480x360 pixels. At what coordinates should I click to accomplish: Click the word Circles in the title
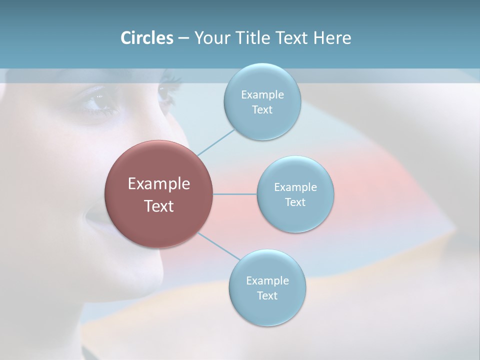[x=146, y=37]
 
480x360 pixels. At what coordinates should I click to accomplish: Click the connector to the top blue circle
[x=216, y=142]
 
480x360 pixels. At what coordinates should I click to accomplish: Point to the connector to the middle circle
[x=235, y=194]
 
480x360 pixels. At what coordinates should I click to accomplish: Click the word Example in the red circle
[x=158, y=184]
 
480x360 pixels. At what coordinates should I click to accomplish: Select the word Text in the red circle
[x=158, y=206]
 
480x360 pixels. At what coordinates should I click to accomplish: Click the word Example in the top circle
[x=262, y=94]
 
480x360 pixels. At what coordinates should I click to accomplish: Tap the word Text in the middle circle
[x=295, y=202]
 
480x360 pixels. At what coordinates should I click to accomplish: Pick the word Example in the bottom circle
[x=267, y=280]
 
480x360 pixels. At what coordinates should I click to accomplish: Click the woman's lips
[x=95, y=220]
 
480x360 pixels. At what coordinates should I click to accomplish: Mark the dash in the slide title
[x=183, y=38]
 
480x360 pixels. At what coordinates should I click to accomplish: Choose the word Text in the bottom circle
[x=267, y=295]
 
